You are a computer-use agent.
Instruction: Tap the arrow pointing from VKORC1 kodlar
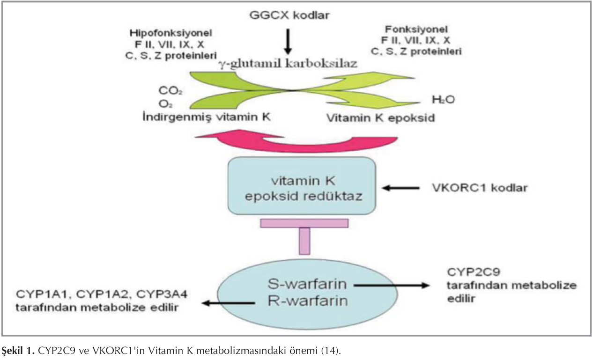[x=401, y=188]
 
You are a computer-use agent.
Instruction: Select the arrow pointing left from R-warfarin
[x=228, y=303]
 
